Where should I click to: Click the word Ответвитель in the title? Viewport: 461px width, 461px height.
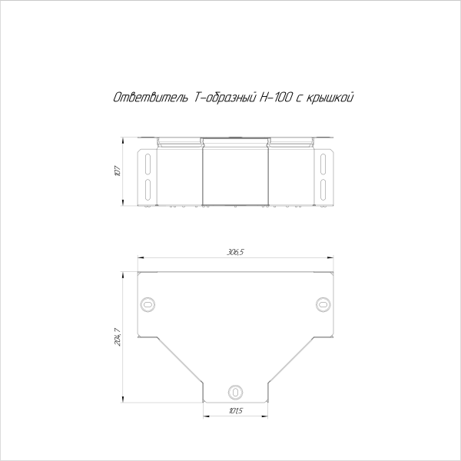(151, 98)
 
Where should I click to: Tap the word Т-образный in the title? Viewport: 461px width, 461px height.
(224, 98)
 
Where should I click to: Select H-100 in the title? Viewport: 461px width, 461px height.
(276, 98)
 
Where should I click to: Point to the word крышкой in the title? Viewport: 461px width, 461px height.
(330, 98)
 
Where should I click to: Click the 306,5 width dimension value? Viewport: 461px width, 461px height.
(236, 252)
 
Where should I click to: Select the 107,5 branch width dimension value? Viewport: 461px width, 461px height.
(236, 410)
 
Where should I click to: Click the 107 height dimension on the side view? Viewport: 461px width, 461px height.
(118, 171)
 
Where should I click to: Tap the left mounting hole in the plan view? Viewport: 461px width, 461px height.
(148, 304)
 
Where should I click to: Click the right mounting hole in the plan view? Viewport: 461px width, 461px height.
(323, 304)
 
